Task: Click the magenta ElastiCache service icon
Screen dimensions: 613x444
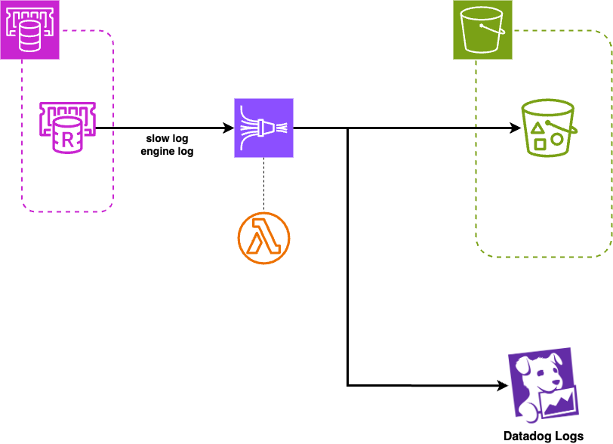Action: point(29,29)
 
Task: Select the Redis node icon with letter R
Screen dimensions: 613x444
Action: point(68,128)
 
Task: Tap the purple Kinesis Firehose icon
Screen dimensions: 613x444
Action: point(264,128)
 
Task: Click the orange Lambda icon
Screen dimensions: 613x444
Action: point(264,238)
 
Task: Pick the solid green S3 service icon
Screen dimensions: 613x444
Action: point(482,29)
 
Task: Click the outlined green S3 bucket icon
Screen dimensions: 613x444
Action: point(549,128)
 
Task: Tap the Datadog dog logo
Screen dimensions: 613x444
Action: point(544,385)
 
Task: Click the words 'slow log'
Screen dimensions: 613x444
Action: point(167,138)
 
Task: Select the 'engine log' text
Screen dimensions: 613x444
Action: point(167,151)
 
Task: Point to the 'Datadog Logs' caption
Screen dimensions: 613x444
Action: point(544,436)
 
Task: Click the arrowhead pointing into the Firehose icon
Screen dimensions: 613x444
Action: point(229,128)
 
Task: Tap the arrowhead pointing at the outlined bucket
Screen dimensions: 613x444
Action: point(516,128)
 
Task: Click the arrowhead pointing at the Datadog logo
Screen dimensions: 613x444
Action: point(503,386)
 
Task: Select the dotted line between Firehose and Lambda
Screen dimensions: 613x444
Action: point(264,185)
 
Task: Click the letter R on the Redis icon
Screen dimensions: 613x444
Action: point(68,140)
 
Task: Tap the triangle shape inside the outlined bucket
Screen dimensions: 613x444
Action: point(538,128)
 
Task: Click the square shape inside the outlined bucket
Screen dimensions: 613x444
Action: point(540,144)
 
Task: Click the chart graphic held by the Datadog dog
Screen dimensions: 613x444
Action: point(559,402)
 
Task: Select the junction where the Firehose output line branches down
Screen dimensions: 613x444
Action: point(347,128)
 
